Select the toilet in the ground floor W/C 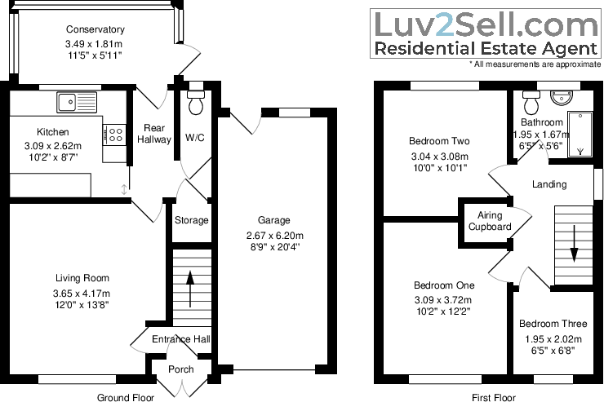tap(196, 104)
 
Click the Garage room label tap(274, 219)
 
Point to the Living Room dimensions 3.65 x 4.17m tap(81, 294)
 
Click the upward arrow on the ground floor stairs tap(192, 287)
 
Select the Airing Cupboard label tap(489, 220)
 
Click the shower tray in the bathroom tap(581, 134)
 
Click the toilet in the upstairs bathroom tap(531, 103)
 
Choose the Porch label tap(181, 369)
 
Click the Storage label tap(191, 220)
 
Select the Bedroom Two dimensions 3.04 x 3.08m tap(439, 157)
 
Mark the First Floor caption tap(494, 397)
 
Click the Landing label tap(548, 184)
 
